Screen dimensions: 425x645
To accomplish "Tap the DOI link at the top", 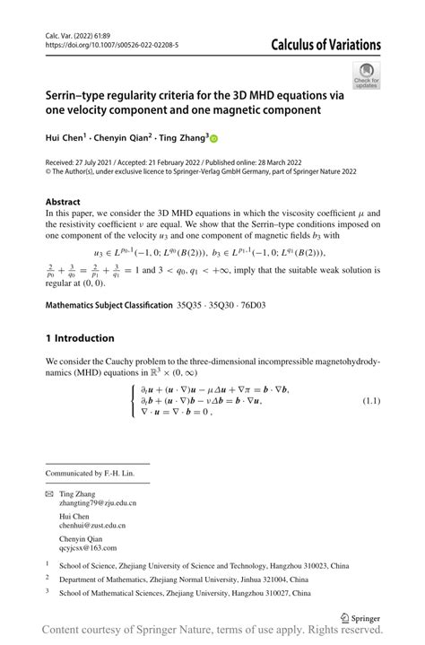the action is tap(111, 44).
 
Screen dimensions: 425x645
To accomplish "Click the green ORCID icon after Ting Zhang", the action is tap(215, 138).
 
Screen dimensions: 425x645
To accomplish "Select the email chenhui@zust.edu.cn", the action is tap(91, 526).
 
